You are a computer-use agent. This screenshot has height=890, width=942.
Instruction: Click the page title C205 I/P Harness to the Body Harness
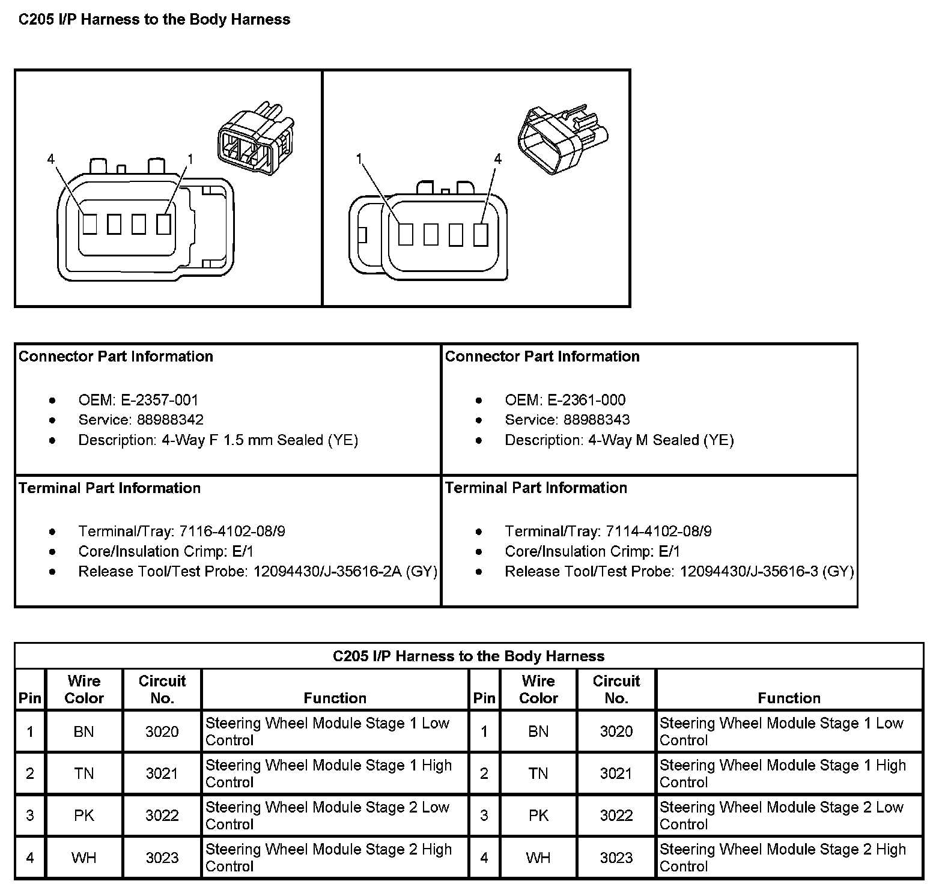[154, 20]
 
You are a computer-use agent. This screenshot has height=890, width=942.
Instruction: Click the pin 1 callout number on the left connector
[190, 159]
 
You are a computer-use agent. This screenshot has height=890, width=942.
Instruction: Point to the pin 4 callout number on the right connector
[497, 159]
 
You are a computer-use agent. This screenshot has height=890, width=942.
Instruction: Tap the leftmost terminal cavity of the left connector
[90, 224]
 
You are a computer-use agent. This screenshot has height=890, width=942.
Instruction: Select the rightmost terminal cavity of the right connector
[480, 234]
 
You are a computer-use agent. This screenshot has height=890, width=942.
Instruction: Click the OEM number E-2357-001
[159, 400]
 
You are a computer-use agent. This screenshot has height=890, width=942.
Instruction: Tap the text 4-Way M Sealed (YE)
[661, 440]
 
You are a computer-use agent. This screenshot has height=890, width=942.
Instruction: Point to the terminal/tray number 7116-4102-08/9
[232, 531]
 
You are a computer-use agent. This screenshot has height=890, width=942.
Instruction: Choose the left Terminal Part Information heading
[110, 488]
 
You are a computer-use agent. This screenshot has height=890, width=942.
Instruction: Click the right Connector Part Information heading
[542, 356]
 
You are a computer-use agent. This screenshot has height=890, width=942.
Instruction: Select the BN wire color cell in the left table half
[84, 731]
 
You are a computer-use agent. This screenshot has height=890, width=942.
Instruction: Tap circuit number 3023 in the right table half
[616, 858]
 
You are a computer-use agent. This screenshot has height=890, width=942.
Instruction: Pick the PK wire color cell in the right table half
[538, 816]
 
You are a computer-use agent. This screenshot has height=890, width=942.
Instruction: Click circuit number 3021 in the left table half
[162, 773]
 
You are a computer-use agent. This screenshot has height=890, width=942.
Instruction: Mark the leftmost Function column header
[335, 698]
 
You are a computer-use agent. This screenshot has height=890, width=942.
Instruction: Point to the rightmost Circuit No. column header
[616, 689]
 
